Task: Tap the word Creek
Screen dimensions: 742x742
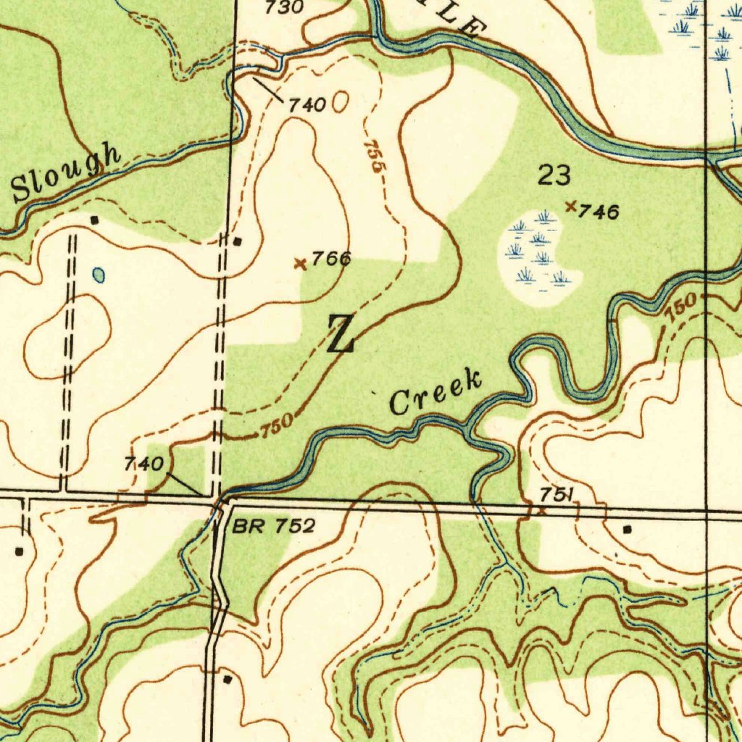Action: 435,392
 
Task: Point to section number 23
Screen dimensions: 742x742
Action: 554,175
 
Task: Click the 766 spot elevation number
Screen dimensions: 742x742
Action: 331,259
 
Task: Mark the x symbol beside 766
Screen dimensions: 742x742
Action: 300,264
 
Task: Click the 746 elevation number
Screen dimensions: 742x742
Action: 599,212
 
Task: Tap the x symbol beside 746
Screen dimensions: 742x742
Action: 571,207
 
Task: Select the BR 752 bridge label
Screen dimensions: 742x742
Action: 274,526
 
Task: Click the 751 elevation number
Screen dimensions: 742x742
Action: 556,494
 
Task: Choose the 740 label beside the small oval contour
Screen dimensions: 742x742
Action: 307,105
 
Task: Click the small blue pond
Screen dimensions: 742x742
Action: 99,275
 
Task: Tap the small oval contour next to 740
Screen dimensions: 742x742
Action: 340,103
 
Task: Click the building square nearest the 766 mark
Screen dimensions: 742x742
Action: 238,241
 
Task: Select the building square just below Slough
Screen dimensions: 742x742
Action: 93,219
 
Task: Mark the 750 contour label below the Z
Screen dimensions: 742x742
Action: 276,428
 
